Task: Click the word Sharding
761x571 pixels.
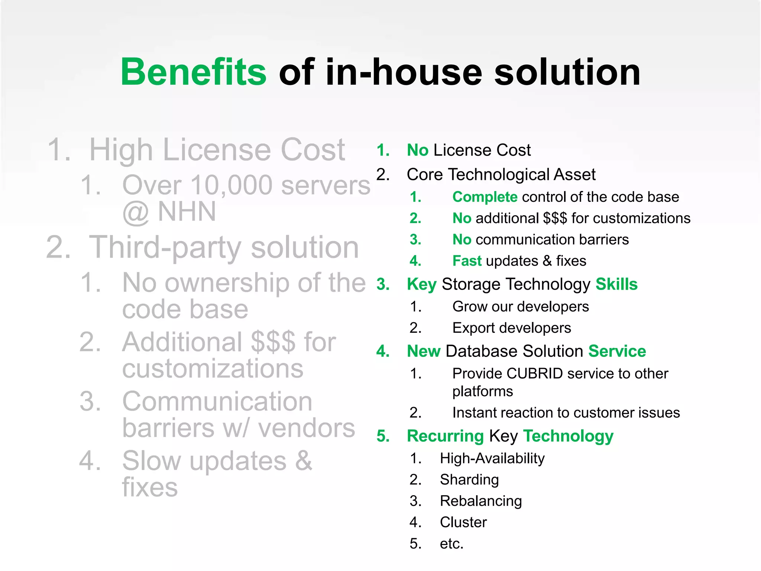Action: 469,480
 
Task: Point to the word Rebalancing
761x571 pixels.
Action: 481,501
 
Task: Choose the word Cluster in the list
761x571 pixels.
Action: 463,522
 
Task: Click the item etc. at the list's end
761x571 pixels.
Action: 451,543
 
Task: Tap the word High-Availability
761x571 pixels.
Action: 492,458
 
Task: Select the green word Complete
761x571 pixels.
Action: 485,197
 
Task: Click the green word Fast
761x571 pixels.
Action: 467,261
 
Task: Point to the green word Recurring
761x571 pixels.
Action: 445,436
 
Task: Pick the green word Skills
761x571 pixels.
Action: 616,284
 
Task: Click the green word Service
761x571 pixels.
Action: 617,351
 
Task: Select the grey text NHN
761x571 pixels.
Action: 187,212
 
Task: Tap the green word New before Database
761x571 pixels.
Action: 424,351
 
